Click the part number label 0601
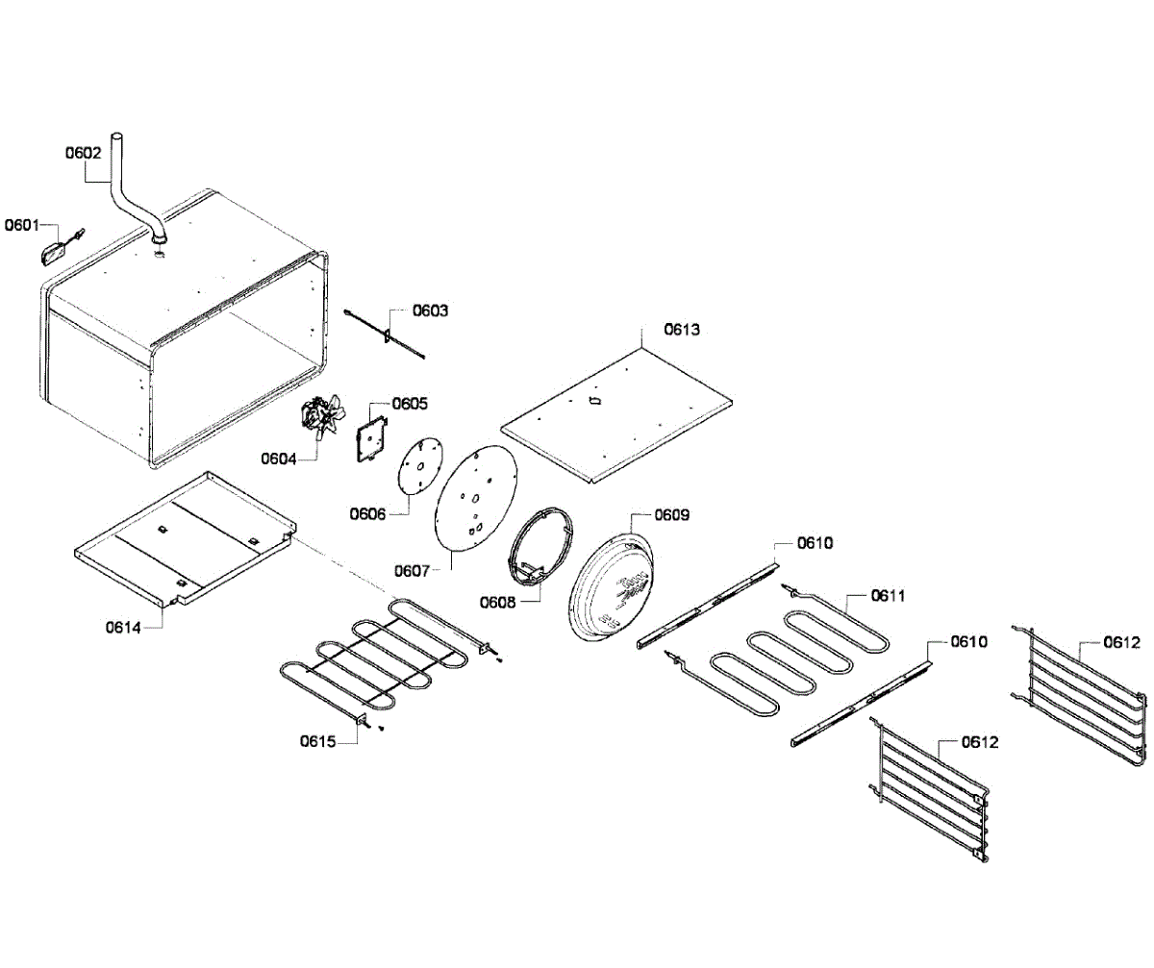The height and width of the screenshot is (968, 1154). click(22, 226)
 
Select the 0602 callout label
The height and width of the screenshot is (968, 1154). click(83, 152)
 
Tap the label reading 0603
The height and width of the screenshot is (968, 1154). click(430, 310)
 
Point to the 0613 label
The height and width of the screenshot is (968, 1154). click(682, 329)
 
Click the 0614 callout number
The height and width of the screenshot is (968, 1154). click(124, 628)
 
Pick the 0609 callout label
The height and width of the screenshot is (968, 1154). click(671, 515)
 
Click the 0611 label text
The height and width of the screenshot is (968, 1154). click(890, 596)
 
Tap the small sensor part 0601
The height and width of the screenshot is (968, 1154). click(54, 252)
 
